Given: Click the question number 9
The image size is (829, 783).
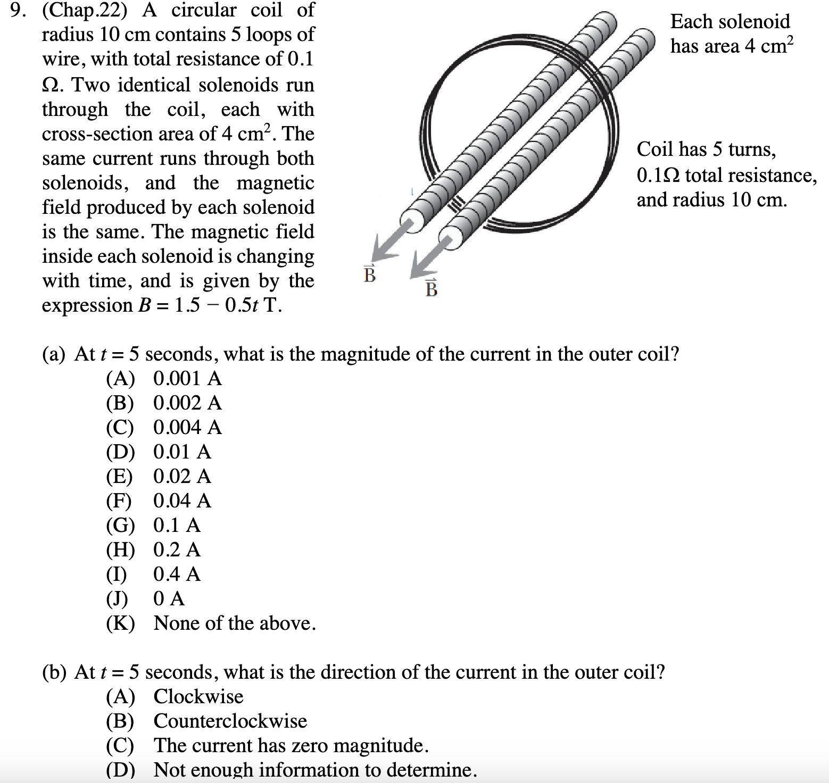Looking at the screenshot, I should (18, 11).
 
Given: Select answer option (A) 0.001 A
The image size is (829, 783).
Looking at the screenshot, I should (164, 378).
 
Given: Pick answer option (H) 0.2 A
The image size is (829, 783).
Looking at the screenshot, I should (153, 549).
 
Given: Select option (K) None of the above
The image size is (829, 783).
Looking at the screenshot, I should (211, 623).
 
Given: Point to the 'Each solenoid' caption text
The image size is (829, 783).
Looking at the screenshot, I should (730, 22).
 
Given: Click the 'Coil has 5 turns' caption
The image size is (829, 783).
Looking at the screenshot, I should (707, 149).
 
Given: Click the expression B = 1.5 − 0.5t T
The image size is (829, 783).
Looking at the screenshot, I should (162, 305).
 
